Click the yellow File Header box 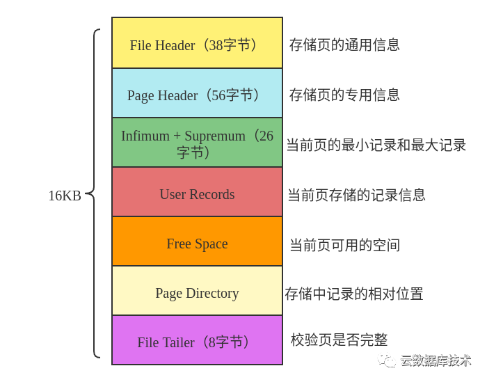click(x=197, y=43)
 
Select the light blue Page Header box click(x=197, y=93)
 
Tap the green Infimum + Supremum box click(x=197, y=143)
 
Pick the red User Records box click(x=197, y=193)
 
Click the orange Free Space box click(x=197, y=242)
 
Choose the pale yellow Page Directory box click(x=197, y=292)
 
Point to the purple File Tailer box click(x=197, y=341)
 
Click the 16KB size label click(x=64, y=196)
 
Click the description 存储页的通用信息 click(x=344, y=45)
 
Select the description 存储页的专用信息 click(x=344, y=95)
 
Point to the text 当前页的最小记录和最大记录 click(x=376, y=145)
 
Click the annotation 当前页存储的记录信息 click(x=356, y=195)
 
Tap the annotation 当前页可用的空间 click(x=344, y=245)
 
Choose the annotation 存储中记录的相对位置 click(x=354, y=294)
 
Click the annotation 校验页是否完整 click(x=339, y=340)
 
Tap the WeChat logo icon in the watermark click(x=386, y=360)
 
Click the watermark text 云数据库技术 click(x=436, y=360)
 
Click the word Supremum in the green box click(x=215, y=136)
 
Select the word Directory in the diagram click(x=212, y=293)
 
